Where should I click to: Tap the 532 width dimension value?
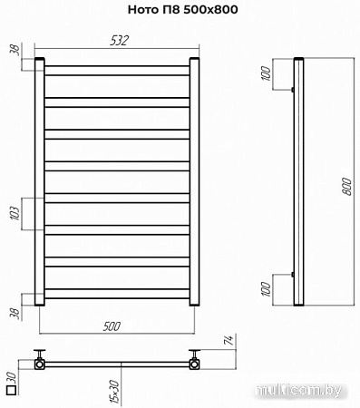pos(120,41)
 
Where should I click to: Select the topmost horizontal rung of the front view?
pos(118,70)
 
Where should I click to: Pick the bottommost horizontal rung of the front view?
pos(118,293)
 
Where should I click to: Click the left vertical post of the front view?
pos(40,181)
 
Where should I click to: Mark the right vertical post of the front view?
pos(194,181)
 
